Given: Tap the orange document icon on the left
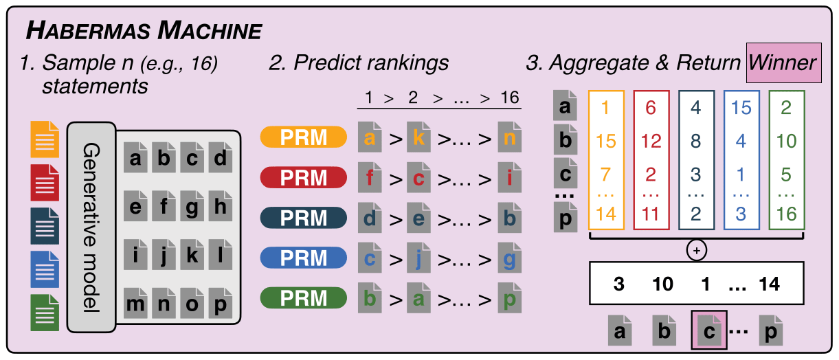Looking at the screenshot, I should pyautogui.click(x=45, y=139).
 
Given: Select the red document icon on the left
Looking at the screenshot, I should pyautogui.click(x=45, y=183).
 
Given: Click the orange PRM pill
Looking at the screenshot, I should pyautogui.click(x=303, y=138).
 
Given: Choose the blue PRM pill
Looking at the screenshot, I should pyautogui.click(x=303, y=258).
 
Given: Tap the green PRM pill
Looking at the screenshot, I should pyautogui.click(x=303, y=297).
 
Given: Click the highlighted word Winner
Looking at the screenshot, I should pyautogui.click(x=783, y=63).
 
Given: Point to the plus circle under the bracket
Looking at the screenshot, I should pyautogui.click(x=696, y=251).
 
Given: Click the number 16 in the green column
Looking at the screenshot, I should pyautogui.click(x=786, y=214).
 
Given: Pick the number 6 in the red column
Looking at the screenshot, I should pyautogui.click(x=651, y=108).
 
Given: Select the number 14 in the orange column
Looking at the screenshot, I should pyautogui.click(x=605, y=214).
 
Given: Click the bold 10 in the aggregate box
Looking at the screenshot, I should pyautogui.click(x=663, y=284).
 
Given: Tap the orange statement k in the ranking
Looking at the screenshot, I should pyautogui.click(x=418, y=138).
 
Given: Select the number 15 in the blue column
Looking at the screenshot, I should pyautogui.click(x=741, y=108).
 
